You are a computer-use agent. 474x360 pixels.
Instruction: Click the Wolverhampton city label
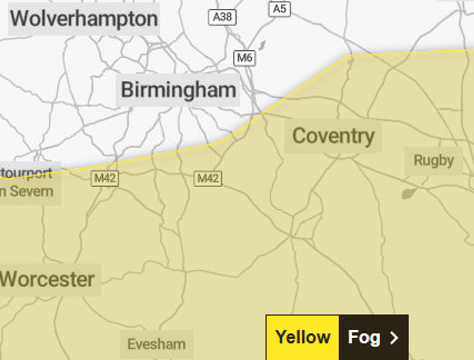pos(84,19)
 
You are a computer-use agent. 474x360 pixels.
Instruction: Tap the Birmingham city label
pos(178,90)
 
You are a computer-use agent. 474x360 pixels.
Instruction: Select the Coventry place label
pos(333,136)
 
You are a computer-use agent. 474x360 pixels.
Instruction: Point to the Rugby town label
pos(433,161)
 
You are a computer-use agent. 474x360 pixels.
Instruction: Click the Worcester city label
pos(47,280)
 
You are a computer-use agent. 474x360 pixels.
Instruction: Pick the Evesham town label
pos(156,344)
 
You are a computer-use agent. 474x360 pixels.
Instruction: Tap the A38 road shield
pos(222,17)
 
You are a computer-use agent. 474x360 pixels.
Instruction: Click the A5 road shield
pos(279,9)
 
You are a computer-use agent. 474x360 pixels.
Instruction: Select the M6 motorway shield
pos(245,58)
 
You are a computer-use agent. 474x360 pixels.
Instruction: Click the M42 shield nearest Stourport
pos(105,179)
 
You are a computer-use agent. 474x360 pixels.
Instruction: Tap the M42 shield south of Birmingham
pos(208,179)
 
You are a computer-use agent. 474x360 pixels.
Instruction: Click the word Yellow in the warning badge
pos(303,337)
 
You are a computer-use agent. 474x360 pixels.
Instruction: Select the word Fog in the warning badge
pos(364,337)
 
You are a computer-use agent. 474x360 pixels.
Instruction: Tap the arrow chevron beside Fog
pos(394,338)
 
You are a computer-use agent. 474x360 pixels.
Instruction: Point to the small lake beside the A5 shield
pos(261,45)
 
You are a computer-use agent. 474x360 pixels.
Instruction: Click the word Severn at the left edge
pos(32,191)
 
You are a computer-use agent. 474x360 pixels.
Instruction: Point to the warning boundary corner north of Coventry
pos(347,56)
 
